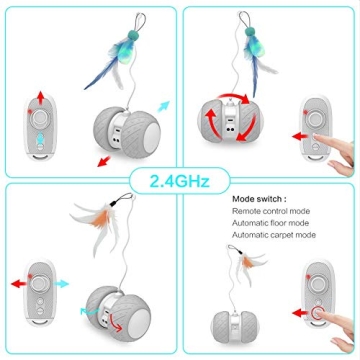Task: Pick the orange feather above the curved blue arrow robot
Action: coord(100,222)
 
